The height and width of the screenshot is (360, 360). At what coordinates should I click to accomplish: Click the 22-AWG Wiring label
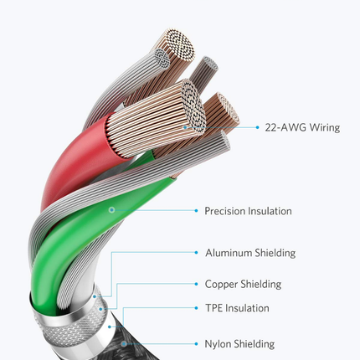coord(302,127)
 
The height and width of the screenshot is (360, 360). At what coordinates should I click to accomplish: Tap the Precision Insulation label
coord(248,211)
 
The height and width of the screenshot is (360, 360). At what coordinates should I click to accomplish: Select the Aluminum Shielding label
coord(250,253)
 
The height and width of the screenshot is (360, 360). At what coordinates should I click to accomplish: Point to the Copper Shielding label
coord(243,284)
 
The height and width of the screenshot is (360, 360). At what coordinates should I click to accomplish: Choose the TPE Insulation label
coord(237,308)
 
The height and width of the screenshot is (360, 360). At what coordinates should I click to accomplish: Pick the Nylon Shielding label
coord(239,344)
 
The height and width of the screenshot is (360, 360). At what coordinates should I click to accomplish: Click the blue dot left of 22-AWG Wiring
coord(257,127)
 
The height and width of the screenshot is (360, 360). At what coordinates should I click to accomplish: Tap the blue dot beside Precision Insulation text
coord(197,211)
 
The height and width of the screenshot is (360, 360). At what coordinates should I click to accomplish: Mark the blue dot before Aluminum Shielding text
coord(197,253)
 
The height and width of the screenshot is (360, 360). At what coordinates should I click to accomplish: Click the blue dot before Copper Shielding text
coord(197,284)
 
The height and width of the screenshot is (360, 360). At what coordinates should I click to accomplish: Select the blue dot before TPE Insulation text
coord(197,308)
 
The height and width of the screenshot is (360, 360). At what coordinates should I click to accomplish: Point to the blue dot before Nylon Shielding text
coord(197,344)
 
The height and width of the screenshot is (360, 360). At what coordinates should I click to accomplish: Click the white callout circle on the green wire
coord(111,210)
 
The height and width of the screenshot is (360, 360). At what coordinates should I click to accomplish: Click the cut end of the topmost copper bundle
coord(179,44)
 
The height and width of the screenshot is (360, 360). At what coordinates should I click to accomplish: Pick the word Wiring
coord(325,127)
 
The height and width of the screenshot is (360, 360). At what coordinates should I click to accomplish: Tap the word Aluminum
coord(229,253)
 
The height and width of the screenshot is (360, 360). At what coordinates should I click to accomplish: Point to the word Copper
coord(221,284)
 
